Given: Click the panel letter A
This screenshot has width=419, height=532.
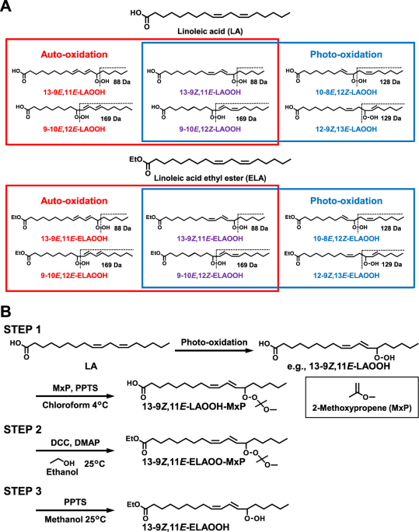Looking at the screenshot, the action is click(5, 5).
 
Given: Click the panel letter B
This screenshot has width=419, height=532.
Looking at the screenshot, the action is click(5, 311).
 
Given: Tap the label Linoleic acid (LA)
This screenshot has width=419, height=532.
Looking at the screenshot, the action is click(210, 32).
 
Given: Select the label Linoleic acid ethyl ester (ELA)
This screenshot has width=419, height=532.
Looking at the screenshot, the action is click(210, 178).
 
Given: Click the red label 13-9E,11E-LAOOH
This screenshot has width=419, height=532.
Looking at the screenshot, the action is click(74, 92).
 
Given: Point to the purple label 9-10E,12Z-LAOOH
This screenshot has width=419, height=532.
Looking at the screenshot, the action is click(210, 129).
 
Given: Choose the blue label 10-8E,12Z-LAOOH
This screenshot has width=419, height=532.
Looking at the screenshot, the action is click(346, 92).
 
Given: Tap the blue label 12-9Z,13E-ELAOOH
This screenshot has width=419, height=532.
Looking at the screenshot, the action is click(346, 276).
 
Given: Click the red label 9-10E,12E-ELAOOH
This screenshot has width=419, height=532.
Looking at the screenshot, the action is click(74, 276).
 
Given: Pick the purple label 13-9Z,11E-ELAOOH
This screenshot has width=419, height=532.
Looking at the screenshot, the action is click(210, 238).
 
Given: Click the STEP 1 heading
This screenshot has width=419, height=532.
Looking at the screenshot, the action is click(22, 329).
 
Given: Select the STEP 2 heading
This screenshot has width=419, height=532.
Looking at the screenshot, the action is click(23, 429).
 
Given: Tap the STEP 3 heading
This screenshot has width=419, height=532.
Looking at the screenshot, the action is click(23, 491).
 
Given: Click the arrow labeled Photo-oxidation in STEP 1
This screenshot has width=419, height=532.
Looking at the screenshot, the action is click(215, 350).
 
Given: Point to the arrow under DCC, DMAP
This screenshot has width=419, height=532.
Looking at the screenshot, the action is click(75, 450).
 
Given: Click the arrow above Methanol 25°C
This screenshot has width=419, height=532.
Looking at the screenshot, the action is click(75, 510).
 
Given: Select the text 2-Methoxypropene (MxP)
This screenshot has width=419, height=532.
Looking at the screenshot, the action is click(362, 408).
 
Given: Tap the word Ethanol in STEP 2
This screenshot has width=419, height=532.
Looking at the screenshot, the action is click(62, 472).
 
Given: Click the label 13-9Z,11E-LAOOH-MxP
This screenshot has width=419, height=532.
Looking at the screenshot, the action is click(194, 406).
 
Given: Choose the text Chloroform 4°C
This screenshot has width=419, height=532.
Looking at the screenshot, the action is click(75, 405).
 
